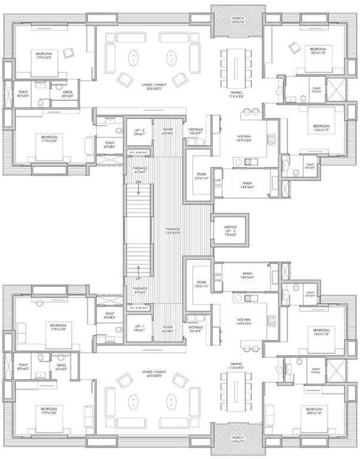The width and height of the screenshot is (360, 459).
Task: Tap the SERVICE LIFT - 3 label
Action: (x=230, y=229)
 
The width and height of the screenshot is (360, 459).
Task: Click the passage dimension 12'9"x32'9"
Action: (x=173, y=232)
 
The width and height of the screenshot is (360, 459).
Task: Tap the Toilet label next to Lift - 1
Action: (x=109, y=314)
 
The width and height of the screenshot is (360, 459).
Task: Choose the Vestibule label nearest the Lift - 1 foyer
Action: (x=196, y=328)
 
